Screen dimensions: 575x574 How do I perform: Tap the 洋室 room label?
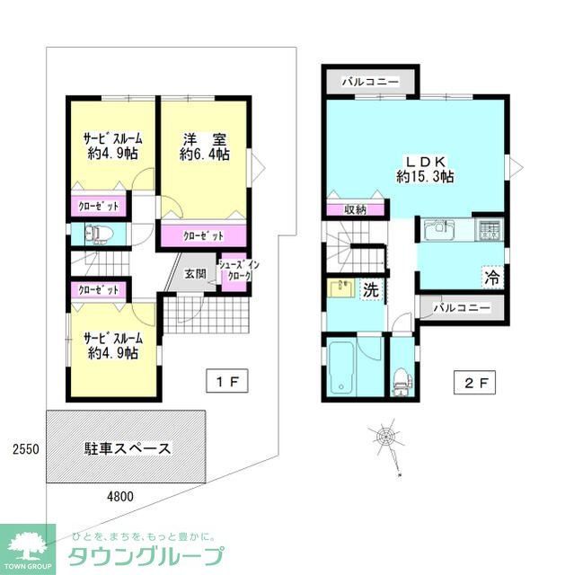(204, 146)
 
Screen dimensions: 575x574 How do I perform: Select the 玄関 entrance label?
(197, 274)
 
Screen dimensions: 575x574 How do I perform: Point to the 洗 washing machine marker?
(369, 290)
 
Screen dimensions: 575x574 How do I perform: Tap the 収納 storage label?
(356, 209)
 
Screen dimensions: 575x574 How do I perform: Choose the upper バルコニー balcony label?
(370, 82)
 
